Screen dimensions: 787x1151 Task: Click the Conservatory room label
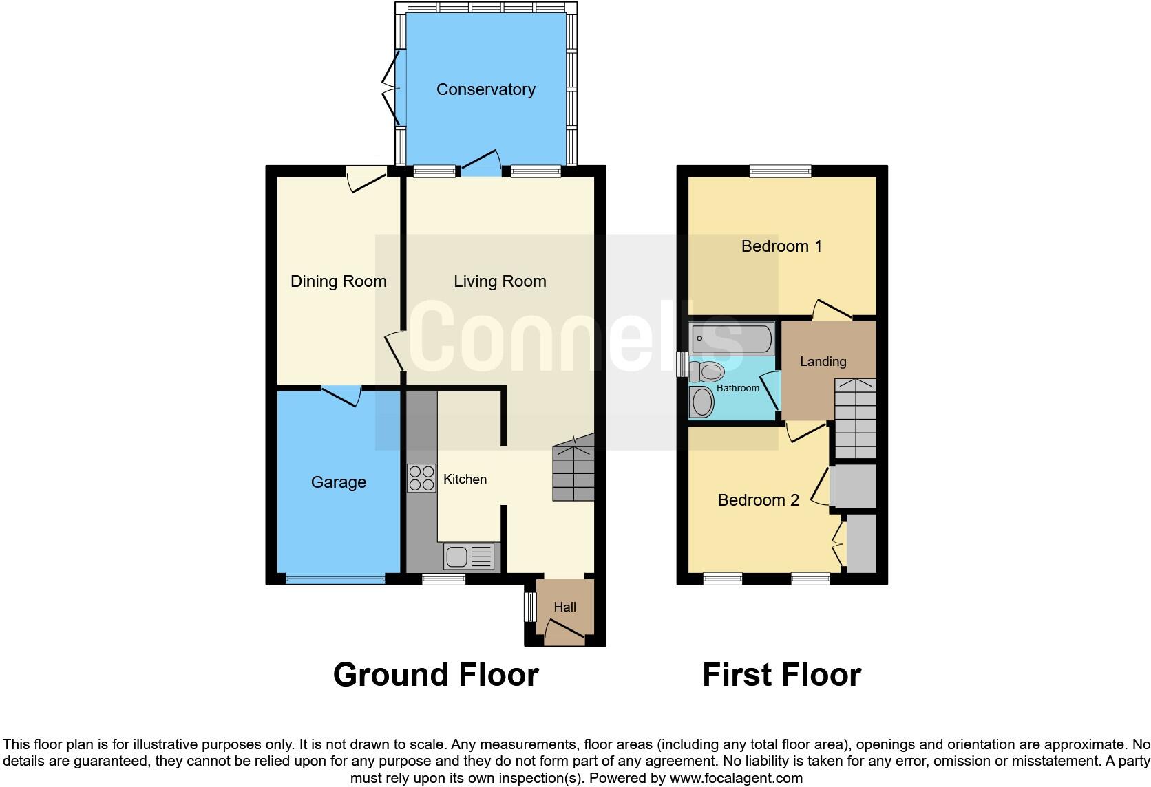[x=485, y=89]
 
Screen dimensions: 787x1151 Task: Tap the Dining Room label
[x=338, y=281]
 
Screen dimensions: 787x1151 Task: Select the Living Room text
[x=500, y=281]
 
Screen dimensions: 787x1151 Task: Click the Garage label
[x=338, y=482]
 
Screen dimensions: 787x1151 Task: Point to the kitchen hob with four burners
[x=421, y=478]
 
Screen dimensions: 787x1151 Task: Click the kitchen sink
[x=469, y=556]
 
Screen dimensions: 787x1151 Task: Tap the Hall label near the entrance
[x=565, y=607]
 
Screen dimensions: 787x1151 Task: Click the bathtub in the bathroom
[x=732, y=338]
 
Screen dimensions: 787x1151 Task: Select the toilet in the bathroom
[x=707, y=372]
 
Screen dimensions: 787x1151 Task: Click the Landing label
[x=823, y=361]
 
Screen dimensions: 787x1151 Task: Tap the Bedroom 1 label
[x=781, y=246]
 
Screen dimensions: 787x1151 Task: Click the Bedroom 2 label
[x=758, y=500]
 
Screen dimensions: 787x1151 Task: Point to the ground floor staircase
[x=573, y=469]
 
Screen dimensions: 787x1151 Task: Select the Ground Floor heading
[x=436, y=675]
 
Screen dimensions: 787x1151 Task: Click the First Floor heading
[x=781, y=675]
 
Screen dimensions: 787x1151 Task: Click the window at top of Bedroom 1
[x=781, y=171]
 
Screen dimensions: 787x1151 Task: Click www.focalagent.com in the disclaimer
[x=736, y=779]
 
